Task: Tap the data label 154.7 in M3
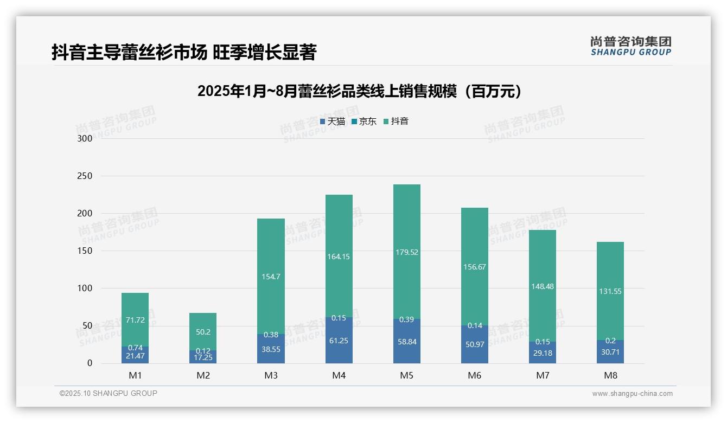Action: (x=271, y=277)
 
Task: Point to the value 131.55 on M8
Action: (x=610, y=291)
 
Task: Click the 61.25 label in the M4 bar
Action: (x=339, y=342)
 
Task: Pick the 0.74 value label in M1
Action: (x=135, y=348)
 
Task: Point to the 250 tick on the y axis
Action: (x=85, y=176)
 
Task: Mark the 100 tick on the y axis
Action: (x=85, y=289)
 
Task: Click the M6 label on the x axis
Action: (x=475, y=375)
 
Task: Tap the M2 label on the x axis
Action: (x=203, y=375)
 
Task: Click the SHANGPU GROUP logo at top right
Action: (x=631, y=46)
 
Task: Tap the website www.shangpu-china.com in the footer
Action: (x=632, y=394)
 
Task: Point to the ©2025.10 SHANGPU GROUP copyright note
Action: (x=109, y=393)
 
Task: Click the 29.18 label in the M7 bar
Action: (x=543, y=353)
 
